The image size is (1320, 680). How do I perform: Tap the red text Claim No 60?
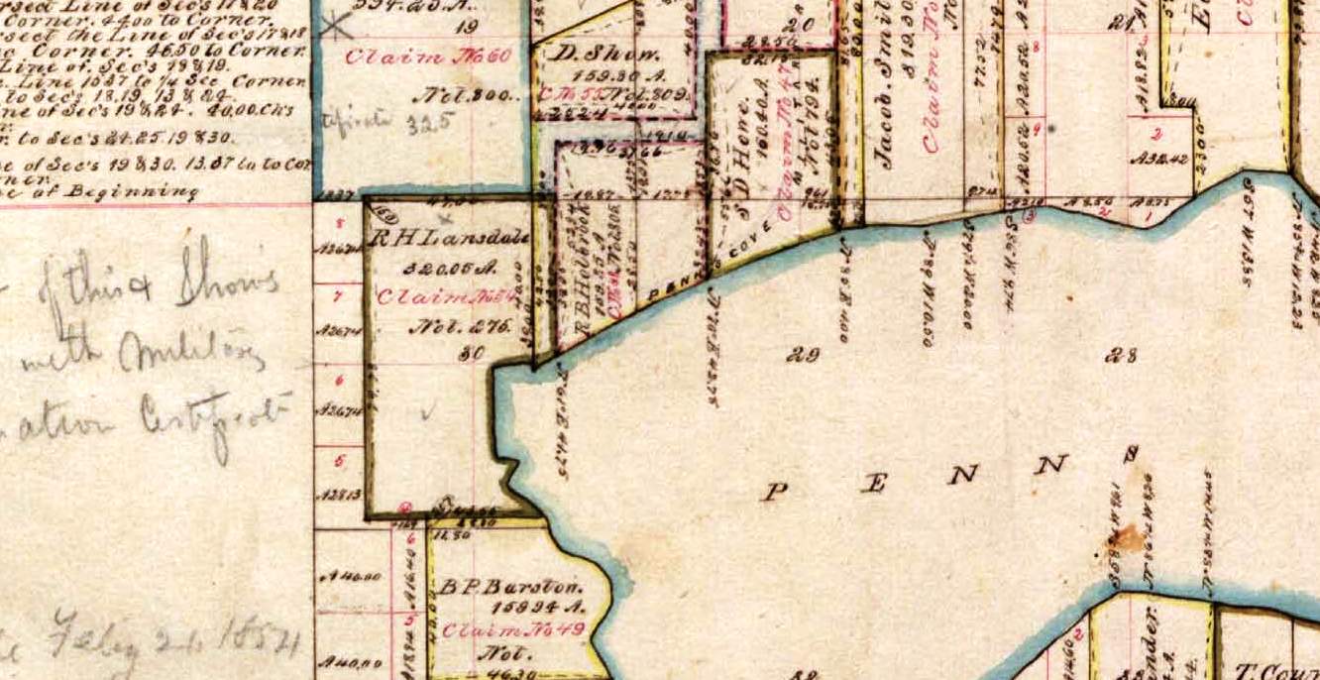[428, 56]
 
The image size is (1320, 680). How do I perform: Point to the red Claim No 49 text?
[512, 628]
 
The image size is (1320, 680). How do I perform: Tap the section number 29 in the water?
[802, 354]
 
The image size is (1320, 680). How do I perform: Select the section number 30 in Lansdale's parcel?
[472, 352]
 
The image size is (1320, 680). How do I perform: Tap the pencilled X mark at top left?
[338, 26]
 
